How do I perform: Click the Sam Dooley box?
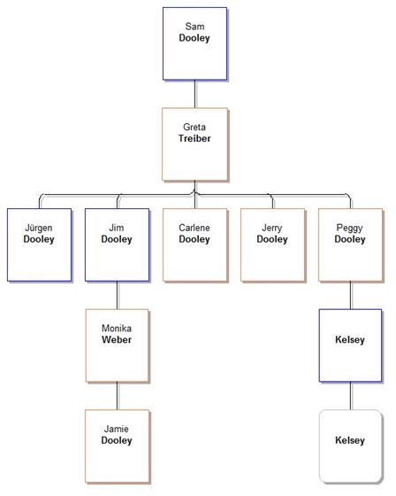click(x=194, y=43)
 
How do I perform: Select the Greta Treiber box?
click(x=194, y=144)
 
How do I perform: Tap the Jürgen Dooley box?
click(x=40, y=244)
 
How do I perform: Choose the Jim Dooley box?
click(x=118, y=244)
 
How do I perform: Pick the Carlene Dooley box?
click(x=194, y=244)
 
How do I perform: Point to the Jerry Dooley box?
click(x=273, y=244)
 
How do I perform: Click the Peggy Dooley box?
click(x=351, y=244)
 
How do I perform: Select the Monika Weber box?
click(x=118, y=345)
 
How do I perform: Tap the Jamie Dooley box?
click(x=118, y=446)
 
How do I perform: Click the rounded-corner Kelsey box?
click(x=351, y=446)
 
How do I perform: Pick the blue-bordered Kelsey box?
click(x=351, y=345)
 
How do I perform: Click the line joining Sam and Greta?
click(x=194, y=94)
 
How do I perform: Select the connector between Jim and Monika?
click(x=118, y=295)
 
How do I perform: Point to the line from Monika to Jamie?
click(x=118, y=396)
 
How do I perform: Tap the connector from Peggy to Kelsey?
click(x=351, y=295)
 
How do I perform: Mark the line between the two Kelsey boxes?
click(x=351, y=396)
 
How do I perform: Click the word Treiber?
click(x=194, y=138)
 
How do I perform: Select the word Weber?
click(x=117, y=340)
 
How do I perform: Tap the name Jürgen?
click(x=39, y=229)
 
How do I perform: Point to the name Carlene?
click(x=194, y=228)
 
